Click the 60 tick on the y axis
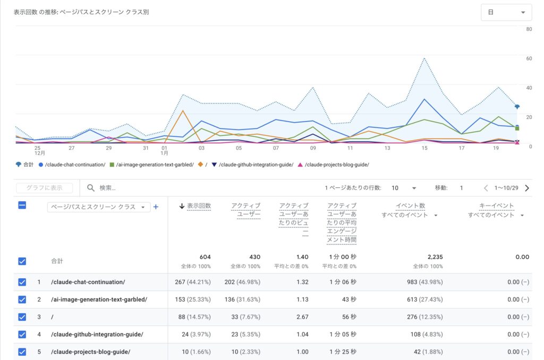click(x=529, y=58)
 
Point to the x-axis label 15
click(x=424, y=149)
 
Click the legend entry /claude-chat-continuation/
click(x=75, y=165)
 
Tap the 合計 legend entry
click(x=25, y=165)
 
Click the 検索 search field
click(x=159, y=188)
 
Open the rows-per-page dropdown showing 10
click(x=404, y=188)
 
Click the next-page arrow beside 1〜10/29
click(x=527, y=188)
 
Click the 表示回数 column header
click(x=199, y=206)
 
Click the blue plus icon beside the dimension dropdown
click(x=156, y=207)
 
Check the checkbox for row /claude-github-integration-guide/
click(x=22, y=335)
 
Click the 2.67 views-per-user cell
click(x=302, y=317)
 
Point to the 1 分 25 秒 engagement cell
click(x=342, y=352)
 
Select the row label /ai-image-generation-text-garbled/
click(x=99, y=299)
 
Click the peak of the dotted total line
click(x=424, y=58)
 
